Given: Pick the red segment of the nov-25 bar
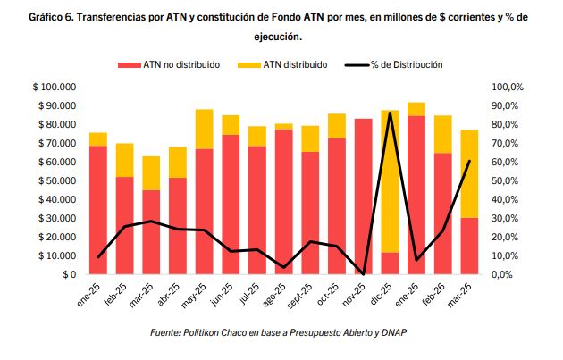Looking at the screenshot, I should [x=363, y=196].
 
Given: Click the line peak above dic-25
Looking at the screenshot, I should [x=390, y=113].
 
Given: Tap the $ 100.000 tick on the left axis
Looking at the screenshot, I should [x=55, y=87].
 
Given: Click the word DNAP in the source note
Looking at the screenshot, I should [x=392, y=333].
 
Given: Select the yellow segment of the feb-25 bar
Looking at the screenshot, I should [x=124, y=160].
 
